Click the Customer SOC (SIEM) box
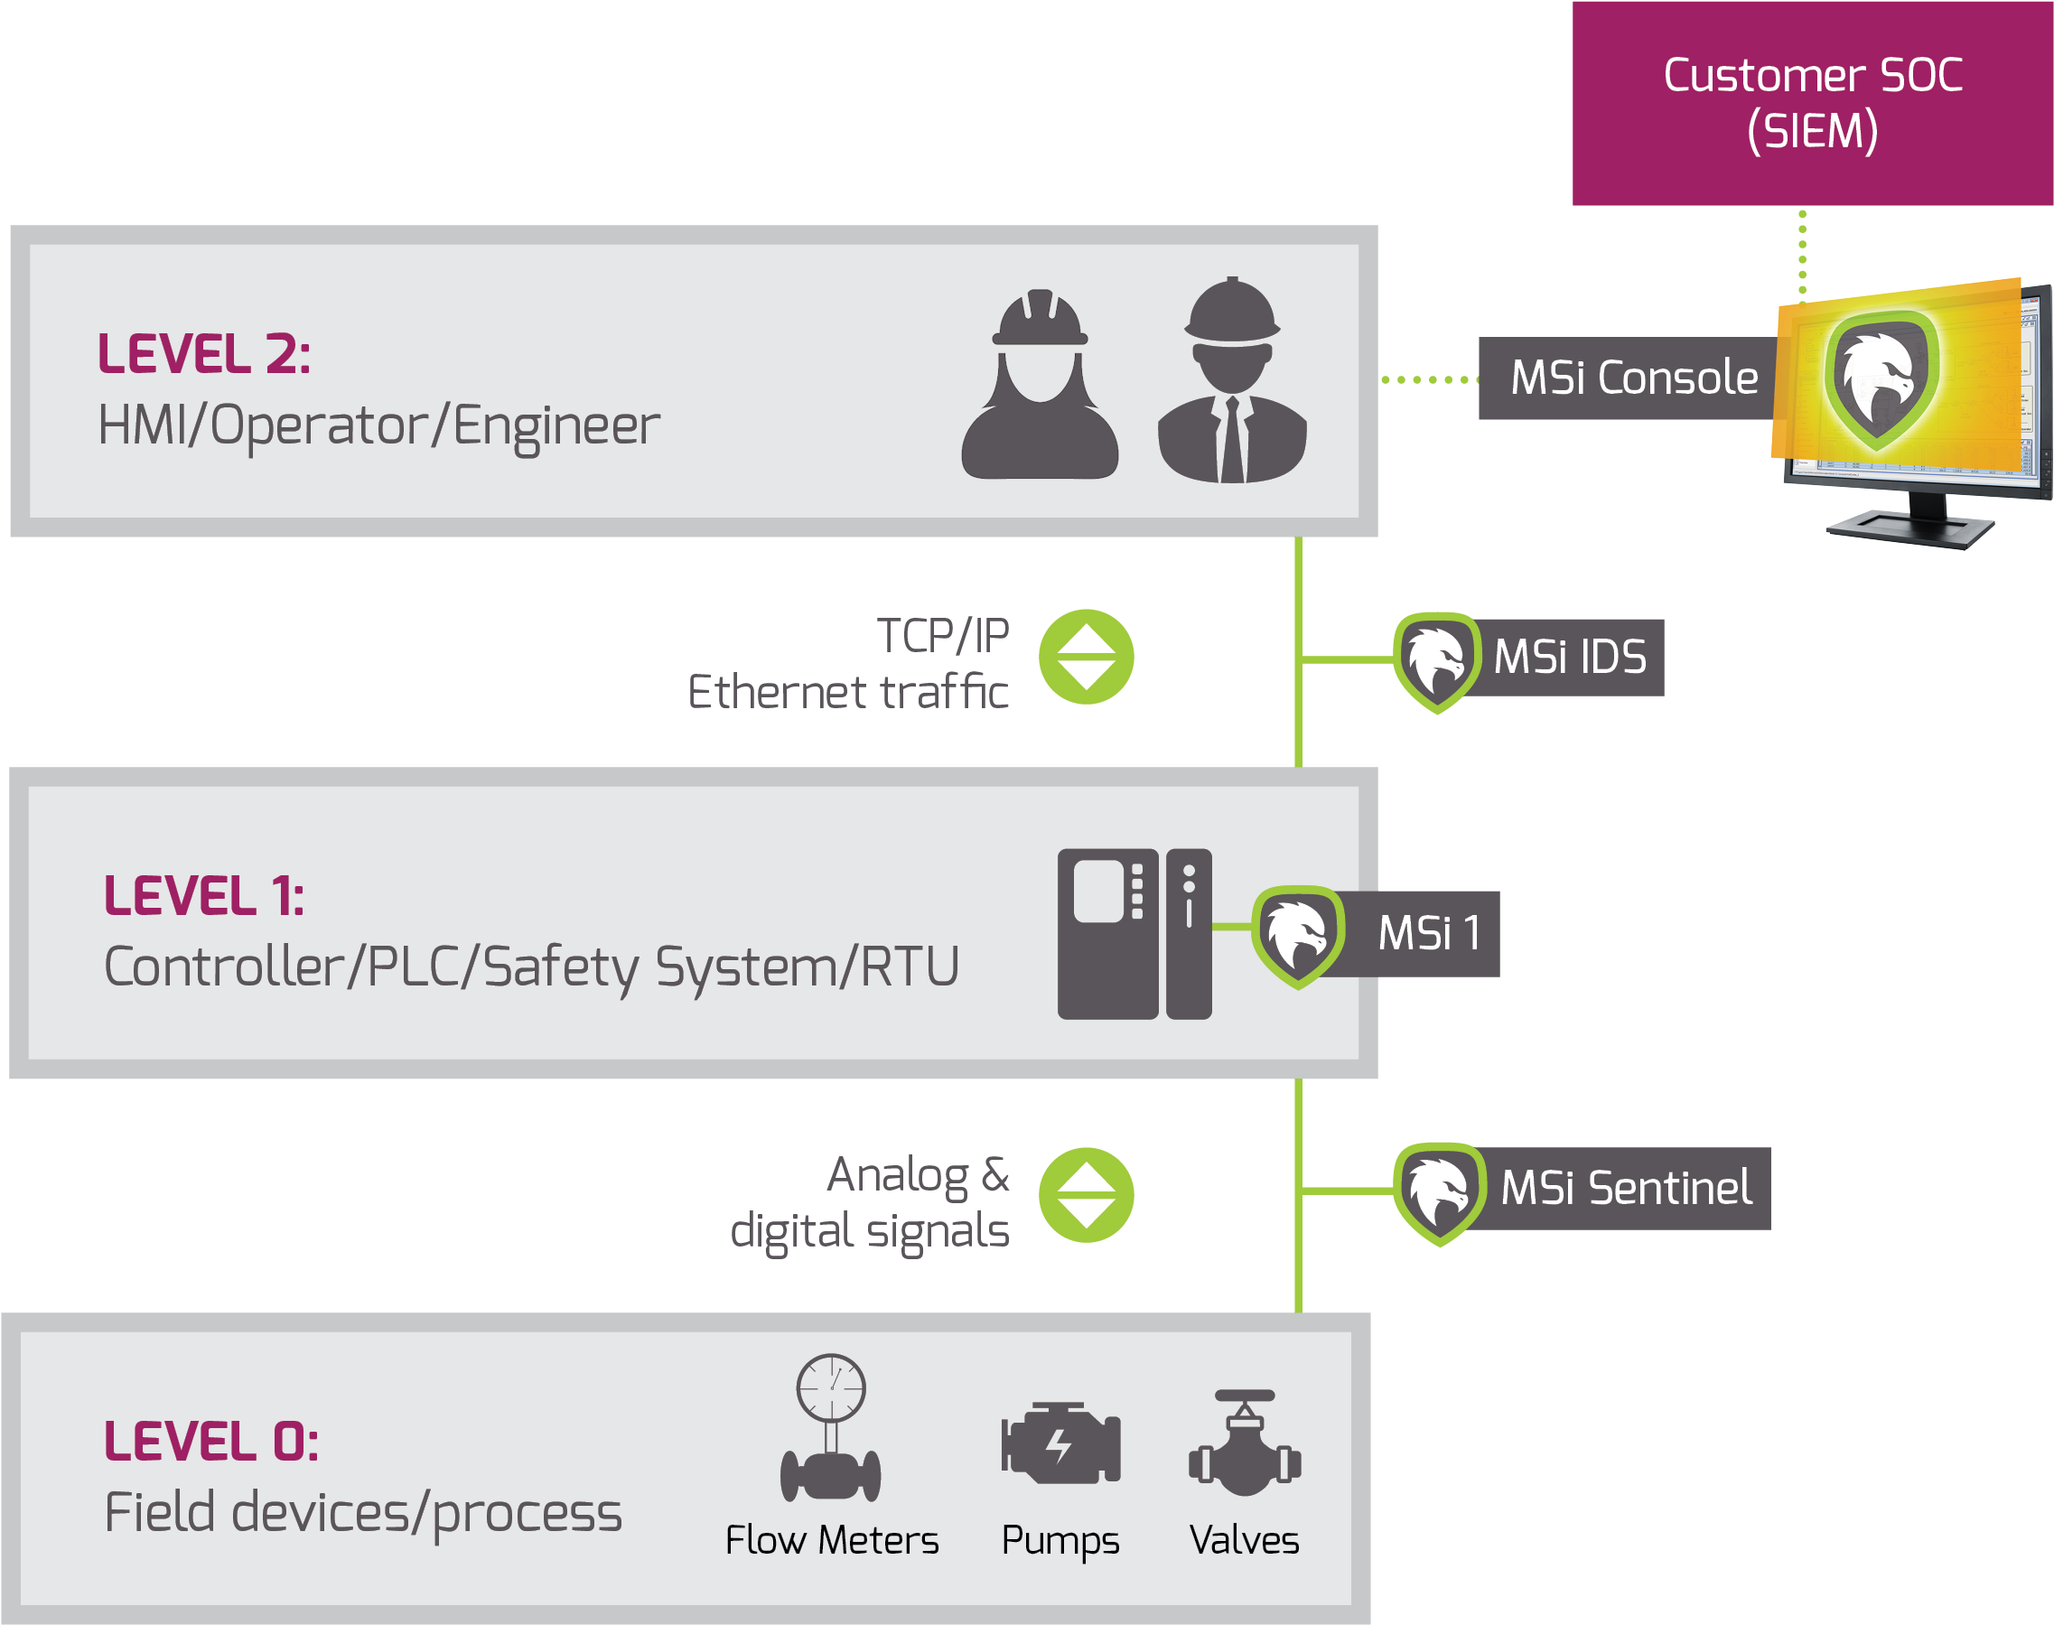[x=1811, y=103]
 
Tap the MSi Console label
[x=1632, y=378]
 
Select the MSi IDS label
[x=1570, y=658]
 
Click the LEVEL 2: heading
[x=203, y=354]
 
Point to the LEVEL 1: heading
[x=203, y=896]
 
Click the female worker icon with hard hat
[x=1039, y=385]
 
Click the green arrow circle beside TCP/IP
[x=1086, y=657]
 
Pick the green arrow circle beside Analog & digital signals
[x=1086, y=1195]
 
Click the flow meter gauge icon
[x=831, y=1427]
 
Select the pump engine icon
[x=1060, y=1443]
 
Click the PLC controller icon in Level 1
[x=1134, y=933]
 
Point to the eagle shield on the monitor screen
[x=1880, y=380]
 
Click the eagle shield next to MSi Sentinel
[x=1439, y=1193]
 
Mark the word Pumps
[x=1060, y=1540]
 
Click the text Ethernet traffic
[x=847, y=692]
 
